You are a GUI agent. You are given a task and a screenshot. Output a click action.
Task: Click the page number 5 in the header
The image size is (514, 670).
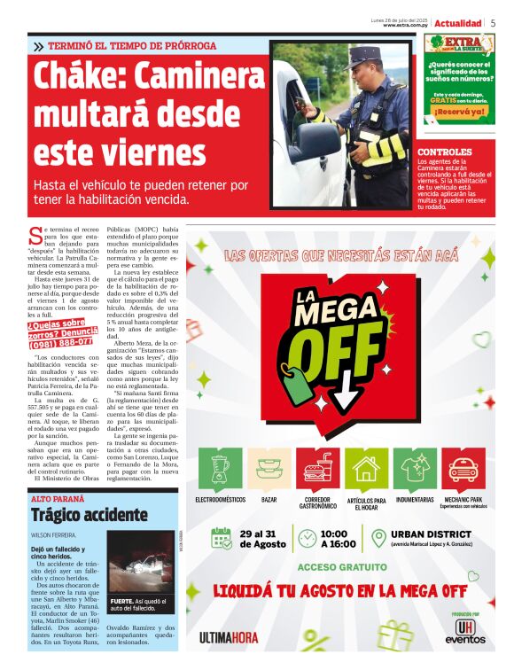coord(494,23)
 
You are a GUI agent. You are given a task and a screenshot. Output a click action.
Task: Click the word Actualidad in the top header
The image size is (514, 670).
coord(458,23)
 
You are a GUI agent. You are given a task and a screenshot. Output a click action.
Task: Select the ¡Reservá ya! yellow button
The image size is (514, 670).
coord(459,112)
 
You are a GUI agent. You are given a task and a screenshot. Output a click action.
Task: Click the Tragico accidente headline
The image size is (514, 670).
coord(89,515)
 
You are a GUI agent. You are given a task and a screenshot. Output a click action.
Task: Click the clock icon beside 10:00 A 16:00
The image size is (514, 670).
coord(307,539)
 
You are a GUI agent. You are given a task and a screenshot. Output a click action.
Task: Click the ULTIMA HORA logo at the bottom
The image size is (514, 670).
coord(229,636)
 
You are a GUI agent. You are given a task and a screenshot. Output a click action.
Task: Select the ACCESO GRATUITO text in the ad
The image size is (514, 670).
coord(341,566)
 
